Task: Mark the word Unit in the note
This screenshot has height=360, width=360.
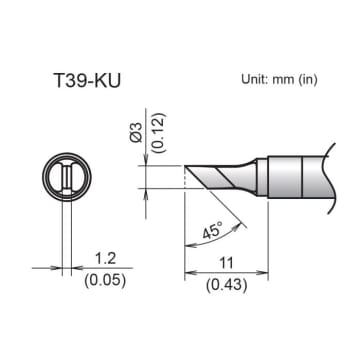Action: [255, 78]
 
